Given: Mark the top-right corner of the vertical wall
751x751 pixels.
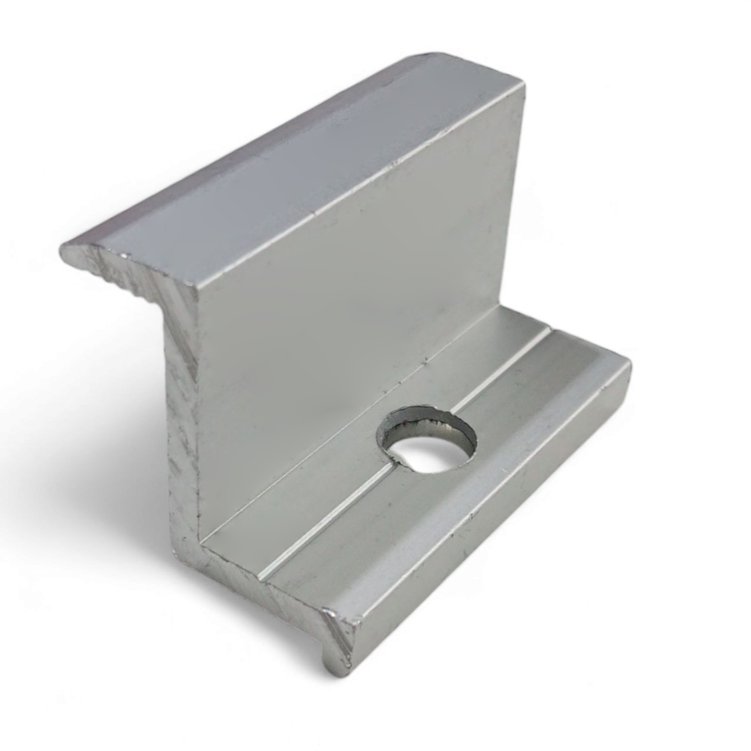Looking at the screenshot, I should point(525,84).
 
